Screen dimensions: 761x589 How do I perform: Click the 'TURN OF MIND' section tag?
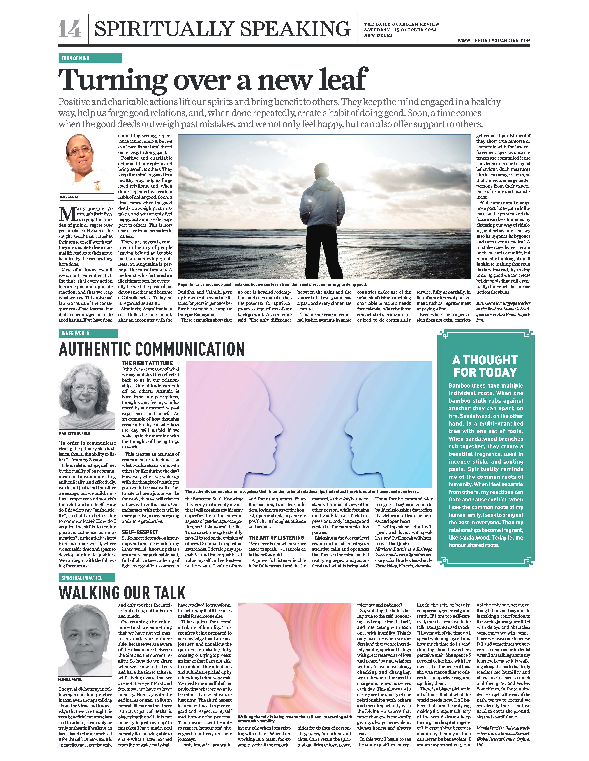pos(76,58)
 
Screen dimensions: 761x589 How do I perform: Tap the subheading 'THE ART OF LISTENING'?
pos(276,538)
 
